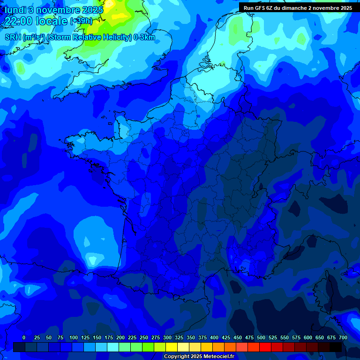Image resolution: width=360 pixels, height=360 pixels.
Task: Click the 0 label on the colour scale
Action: [24, 337]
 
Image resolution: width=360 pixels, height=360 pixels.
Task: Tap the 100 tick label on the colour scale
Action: [74, 337]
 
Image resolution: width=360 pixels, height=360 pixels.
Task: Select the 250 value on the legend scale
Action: [144, 337]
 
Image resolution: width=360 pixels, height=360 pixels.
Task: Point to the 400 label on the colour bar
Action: [214, 337]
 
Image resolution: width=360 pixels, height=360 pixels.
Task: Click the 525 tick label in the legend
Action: [273, 337]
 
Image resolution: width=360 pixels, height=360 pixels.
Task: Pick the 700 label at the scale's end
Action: [343, 337]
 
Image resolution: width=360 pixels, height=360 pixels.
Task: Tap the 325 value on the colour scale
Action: [179, 337]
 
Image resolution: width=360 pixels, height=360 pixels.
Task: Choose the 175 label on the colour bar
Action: [109, 337]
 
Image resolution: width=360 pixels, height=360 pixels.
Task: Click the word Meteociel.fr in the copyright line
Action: [219, 357]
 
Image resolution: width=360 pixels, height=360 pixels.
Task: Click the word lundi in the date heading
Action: [16, 9]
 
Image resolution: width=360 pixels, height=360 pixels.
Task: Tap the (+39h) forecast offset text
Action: [81, 21]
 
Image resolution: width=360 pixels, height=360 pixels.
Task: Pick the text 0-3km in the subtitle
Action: [144, 37]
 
